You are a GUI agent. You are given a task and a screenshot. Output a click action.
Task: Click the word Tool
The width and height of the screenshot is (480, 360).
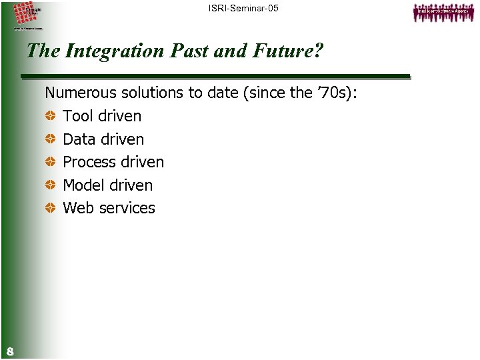coord(77,116)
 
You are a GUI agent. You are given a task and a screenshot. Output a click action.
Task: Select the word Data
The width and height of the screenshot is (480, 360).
coord(78,139)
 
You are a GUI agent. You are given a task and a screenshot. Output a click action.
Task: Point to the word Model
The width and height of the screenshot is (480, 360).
coord(83,185)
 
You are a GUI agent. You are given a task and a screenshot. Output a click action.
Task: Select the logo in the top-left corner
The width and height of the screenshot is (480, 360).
coord(27,16)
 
